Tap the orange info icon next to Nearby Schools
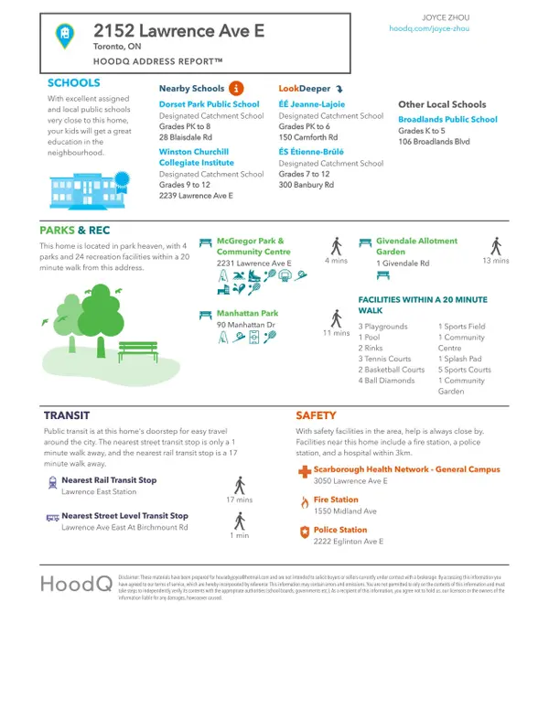[x=236, y=88]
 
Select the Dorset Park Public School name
[x=210, y=105]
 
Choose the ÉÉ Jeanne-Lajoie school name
[x=313, y=105]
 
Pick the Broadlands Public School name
[x=447, y=120]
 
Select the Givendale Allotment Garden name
[x=418, y=246]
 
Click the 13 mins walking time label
[x=495, y=261]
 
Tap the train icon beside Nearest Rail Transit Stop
[x=52, y=480]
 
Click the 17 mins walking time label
[x=239, y=500]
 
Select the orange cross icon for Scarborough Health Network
[x=304, y=470]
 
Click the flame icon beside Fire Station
[x=304, y=501]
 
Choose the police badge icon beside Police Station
[x=304, y=531]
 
